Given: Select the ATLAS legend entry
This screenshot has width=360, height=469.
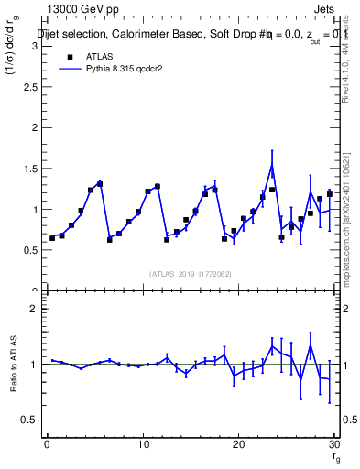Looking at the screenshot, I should point(83,56).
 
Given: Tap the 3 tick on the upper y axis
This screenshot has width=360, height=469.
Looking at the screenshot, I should point(35,46).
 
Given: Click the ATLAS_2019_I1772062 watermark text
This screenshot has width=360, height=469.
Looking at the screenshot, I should point(190,273).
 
